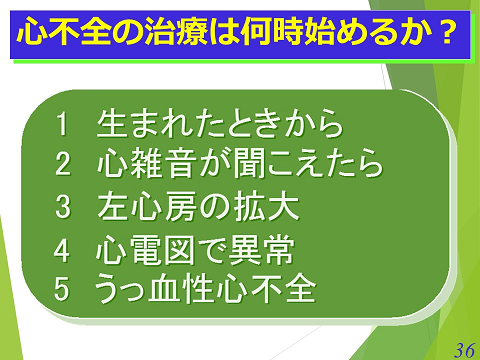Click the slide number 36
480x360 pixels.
coord(463,349)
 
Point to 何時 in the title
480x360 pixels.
coord(276,33)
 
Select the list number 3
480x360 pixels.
coord(63,207)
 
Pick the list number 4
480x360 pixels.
coord(63,248)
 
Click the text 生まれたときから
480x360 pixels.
coord(220,125)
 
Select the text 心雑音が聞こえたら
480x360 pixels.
coord(240,163)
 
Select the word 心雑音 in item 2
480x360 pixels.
coord(147,163)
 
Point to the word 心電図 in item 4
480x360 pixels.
coord(147,248)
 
